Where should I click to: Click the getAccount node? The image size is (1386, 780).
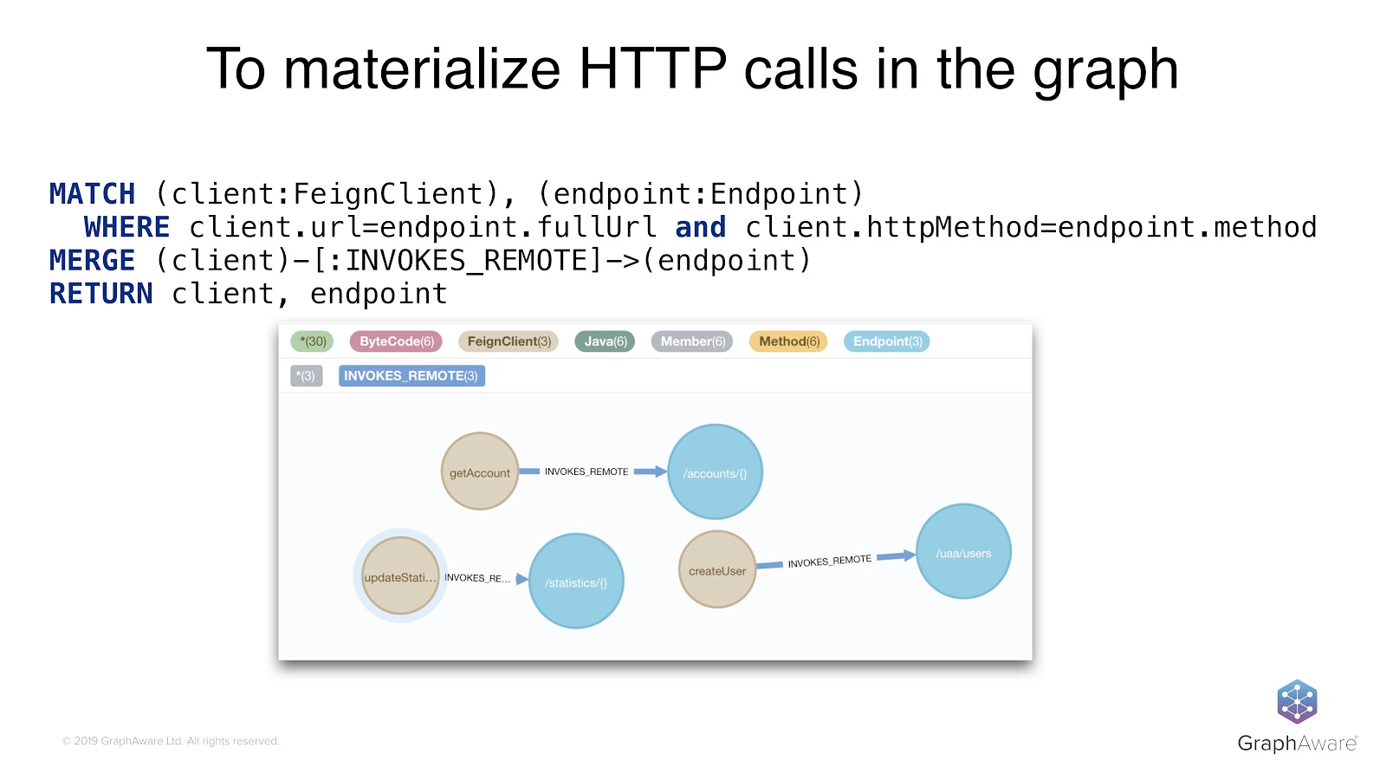click(480, 471)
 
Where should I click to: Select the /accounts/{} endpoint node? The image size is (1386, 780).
click(715, 471)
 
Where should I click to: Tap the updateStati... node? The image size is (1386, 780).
click(400, 576)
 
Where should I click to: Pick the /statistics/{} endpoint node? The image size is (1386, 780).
click(576, 581)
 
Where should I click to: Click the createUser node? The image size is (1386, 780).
click(717, 569)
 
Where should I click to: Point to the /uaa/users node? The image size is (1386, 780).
click(963, 551)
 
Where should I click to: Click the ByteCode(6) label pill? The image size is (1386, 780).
click(396, 341)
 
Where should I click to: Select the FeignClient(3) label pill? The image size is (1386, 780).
click(508, 341)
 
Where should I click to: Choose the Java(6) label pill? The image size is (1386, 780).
click(605, 341)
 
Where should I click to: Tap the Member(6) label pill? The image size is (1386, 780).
click(692, 341)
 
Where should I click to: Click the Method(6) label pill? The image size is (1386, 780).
click(788, 341)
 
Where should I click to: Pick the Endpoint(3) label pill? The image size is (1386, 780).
click(886, 341)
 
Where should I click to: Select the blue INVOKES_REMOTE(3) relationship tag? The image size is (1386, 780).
click(411, 375)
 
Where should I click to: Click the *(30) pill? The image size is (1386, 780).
click(312, 341)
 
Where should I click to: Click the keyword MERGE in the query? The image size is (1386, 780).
click(93, 261)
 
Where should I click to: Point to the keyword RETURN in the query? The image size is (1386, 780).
click(101, 294)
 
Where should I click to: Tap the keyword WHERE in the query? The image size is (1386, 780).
click(126, 227)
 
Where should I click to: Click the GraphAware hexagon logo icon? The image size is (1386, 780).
click(1297, 701)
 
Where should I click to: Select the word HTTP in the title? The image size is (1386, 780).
click(652, 68)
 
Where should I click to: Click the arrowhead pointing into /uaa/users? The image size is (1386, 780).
click(909, 555)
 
